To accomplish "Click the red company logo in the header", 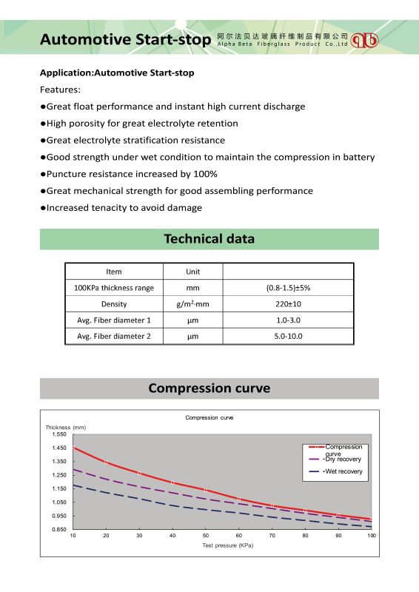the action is [x=365, y=40].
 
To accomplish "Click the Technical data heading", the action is [x=209, y=238].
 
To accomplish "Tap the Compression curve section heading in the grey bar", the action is [x=209, y=388].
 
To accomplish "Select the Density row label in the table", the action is [x=114, y=304].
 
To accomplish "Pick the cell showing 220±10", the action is [x=288, y=304].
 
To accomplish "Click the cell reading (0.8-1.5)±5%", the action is [x=288, y=288].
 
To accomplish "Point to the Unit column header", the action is [x=192, y=272].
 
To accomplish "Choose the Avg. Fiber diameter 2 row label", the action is [x=114, y=336].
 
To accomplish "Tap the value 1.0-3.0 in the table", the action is [x=288, y=320].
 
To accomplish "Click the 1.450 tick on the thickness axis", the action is [x=59, y=448].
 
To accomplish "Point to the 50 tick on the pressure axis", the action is [x=206, y=535].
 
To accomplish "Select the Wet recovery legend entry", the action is [x=335, y=471].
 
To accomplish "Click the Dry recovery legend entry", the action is [x=335, y=459].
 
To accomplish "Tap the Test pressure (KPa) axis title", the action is [x=227, y=545].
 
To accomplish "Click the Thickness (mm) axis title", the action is [x=66, y=428].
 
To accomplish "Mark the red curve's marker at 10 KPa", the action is [x=73, y=448].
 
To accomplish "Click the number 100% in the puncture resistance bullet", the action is [x=205, y=174].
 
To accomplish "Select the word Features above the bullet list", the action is [x=60, y=90].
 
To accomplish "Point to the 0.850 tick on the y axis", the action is [x=59, y=529].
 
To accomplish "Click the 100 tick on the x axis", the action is [x=372, y=535].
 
